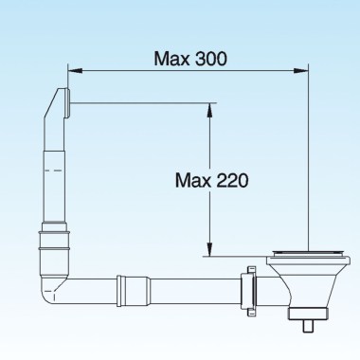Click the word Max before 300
[172, 58]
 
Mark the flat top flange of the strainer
[308, 255]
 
